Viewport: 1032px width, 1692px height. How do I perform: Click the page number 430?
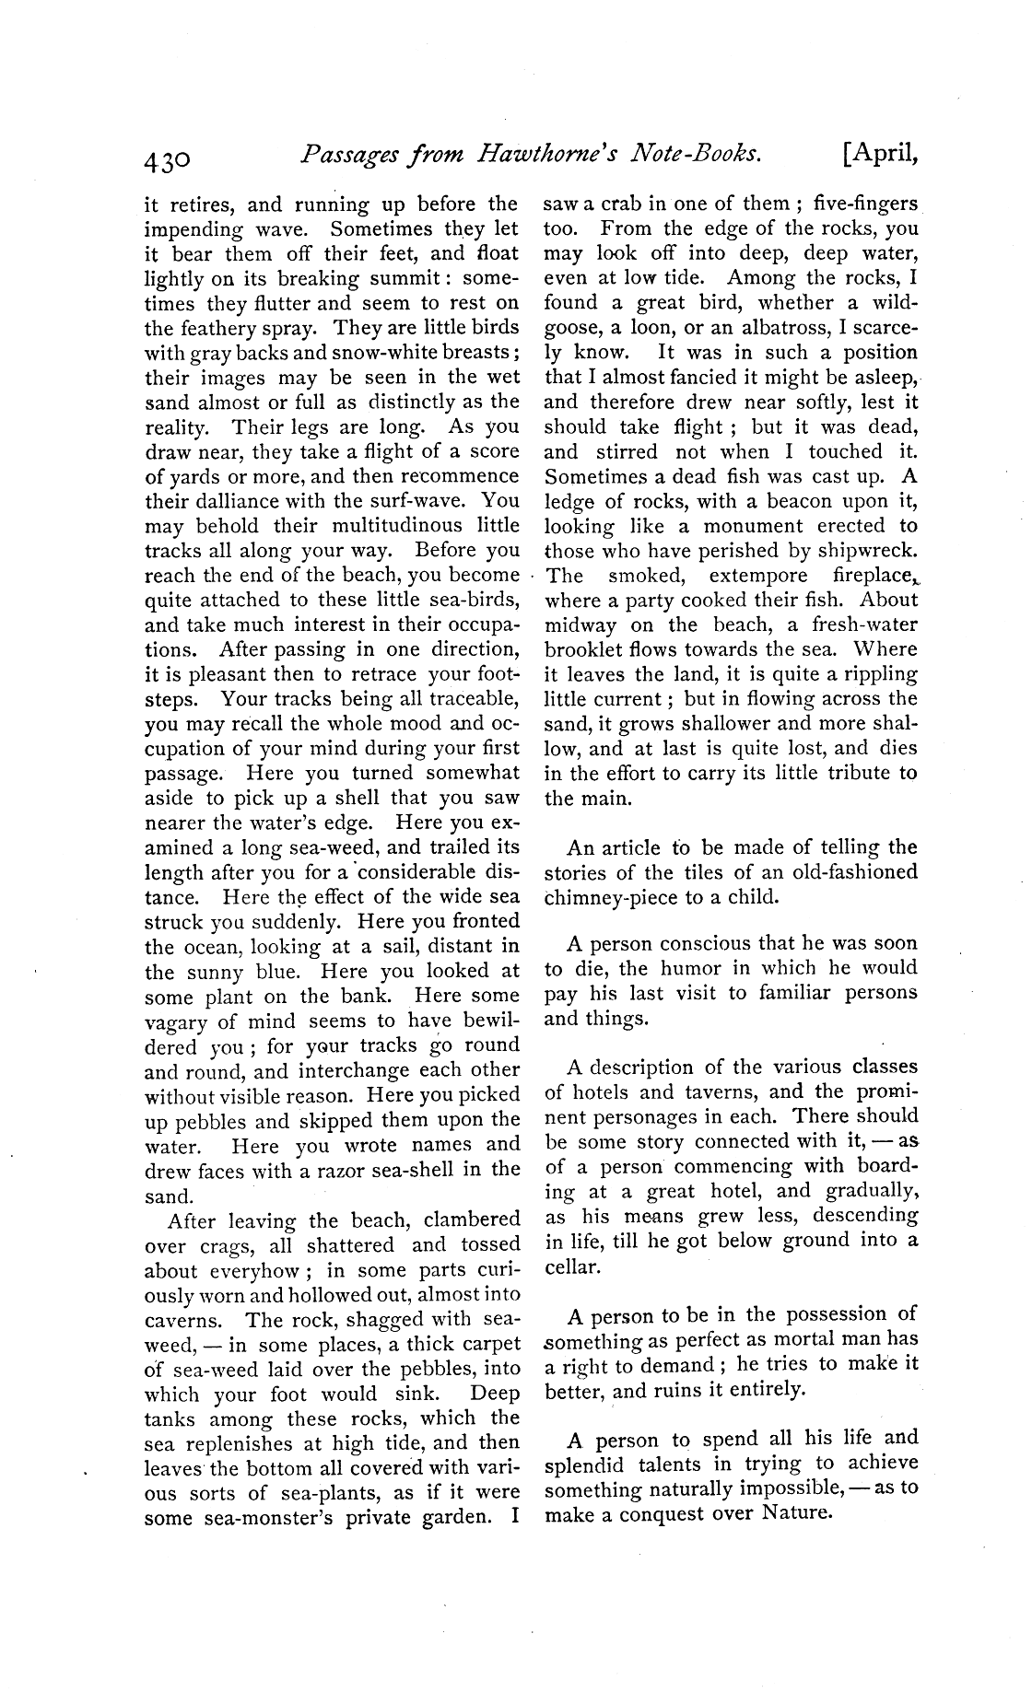(167, 160)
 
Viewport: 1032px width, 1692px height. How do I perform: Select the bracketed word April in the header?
(881, 157)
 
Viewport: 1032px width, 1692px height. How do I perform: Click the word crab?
(622, 203)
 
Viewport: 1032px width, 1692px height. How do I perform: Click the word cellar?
(572, 1266)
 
